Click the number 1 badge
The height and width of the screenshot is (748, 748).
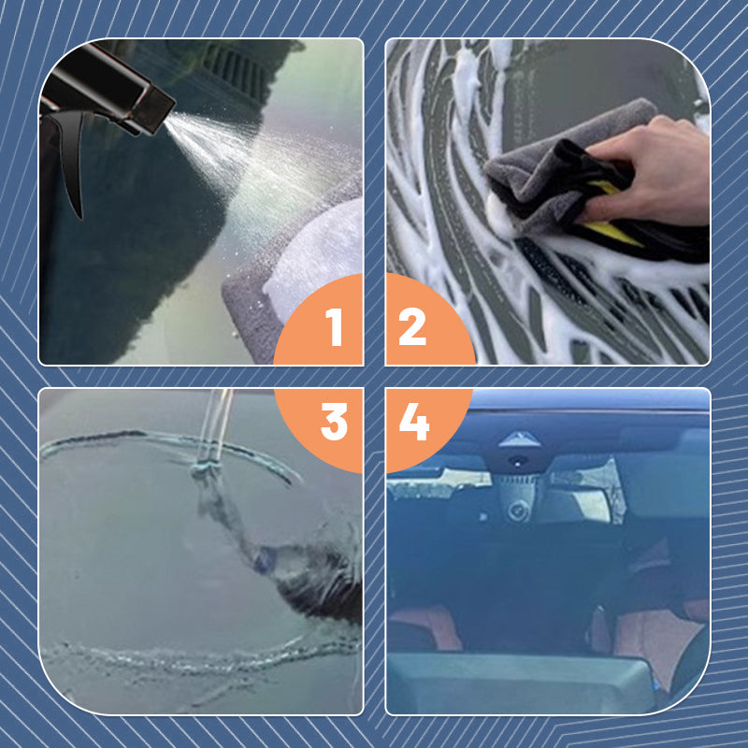click(334, 326)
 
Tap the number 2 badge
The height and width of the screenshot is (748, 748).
click(412, 326)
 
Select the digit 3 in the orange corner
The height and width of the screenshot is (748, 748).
click(334, 424)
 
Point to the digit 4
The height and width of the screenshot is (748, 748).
click(413, 424)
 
